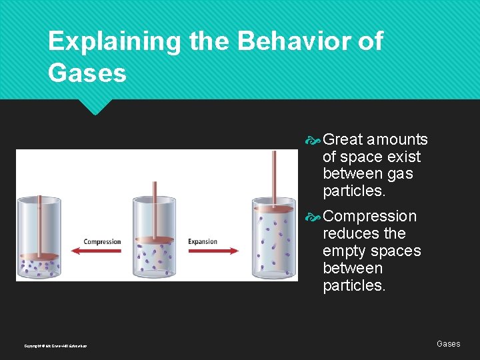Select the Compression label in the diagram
coord(102,241)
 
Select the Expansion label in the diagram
coord(203,241)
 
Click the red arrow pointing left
coord(97,251)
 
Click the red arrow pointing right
coord(214,251)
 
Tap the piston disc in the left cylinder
coord(39,256)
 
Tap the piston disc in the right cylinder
coord(273,209)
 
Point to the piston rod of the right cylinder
coord(274,177)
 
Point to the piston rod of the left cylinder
coord(39,224)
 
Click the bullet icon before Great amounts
coord(313,140)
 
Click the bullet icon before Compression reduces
coord(313,217)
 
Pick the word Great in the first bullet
coord(343,139)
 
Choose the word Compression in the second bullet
coord(369,217)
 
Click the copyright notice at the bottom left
coord(55,346)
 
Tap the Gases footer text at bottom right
coord(448,344)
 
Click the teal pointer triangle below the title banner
coord(95,106)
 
